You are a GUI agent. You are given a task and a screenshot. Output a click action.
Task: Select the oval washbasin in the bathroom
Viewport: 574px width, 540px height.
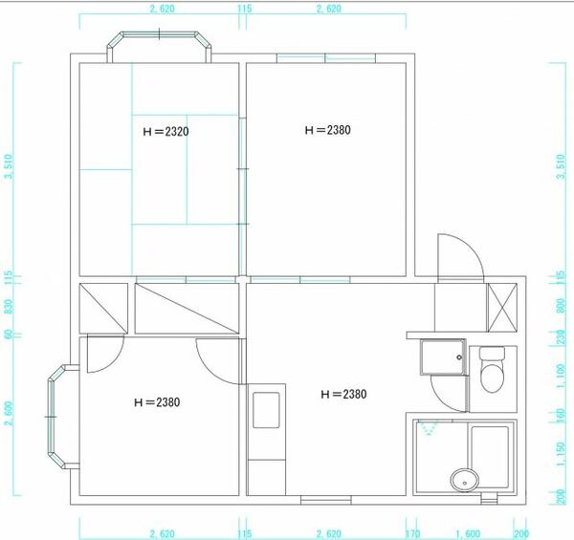(464, 479)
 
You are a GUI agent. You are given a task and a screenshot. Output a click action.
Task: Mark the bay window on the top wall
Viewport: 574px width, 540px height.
(160, 45)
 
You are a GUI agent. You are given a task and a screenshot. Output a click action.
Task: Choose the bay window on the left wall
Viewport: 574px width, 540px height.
(60, 417)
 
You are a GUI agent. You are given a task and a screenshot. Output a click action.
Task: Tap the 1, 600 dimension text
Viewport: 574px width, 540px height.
(468, 532)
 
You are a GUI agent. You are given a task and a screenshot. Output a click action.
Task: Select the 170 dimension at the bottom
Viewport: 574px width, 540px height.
(413, 532)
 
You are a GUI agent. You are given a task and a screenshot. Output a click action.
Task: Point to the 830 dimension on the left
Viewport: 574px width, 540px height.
(9, 307)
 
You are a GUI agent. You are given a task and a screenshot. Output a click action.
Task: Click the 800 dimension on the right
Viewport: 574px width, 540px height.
(560, 308)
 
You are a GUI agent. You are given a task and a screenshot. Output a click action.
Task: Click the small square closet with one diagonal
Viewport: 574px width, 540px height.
(101, 307)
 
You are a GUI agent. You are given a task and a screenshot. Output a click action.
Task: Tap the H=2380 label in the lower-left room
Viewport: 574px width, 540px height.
(157, 402)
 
